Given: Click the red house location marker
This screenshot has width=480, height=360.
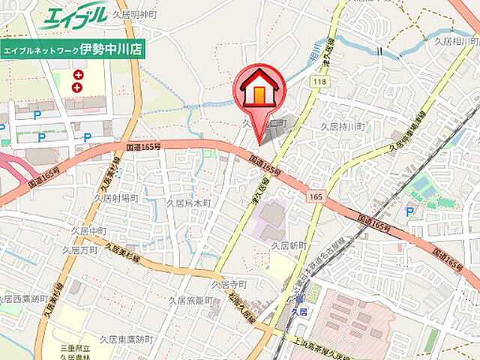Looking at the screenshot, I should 259,91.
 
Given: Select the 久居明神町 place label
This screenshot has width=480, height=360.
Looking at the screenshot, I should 136,15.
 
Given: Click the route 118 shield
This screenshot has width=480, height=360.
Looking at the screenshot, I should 322,81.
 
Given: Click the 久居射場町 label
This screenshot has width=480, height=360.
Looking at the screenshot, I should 116,198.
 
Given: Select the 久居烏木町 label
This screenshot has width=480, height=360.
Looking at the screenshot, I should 188,203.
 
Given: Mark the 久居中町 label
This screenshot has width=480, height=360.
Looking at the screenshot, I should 90,230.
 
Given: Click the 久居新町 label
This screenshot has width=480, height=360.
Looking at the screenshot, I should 290,246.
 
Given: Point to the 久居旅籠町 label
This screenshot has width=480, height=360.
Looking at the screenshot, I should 190,300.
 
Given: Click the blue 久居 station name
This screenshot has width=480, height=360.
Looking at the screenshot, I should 299,310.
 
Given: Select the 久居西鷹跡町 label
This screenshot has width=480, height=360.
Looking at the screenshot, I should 21,299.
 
